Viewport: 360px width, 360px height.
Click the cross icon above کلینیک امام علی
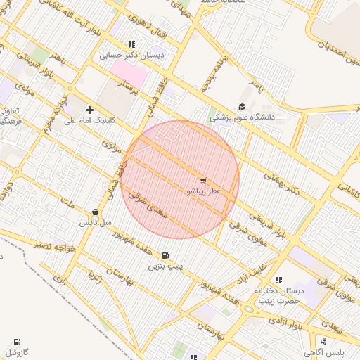click(89, 110)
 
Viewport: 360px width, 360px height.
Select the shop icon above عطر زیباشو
click(203, 181)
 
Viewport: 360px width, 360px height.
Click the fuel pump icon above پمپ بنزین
click(165, 256)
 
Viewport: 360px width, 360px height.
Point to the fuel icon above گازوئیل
click(18, 341)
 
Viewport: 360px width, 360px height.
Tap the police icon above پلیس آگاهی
click(324, 342)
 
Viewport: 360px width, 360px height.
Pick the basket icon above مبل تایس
click(95, 212)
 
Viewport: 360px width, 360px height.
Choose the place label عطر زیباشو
click(203, 191)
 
